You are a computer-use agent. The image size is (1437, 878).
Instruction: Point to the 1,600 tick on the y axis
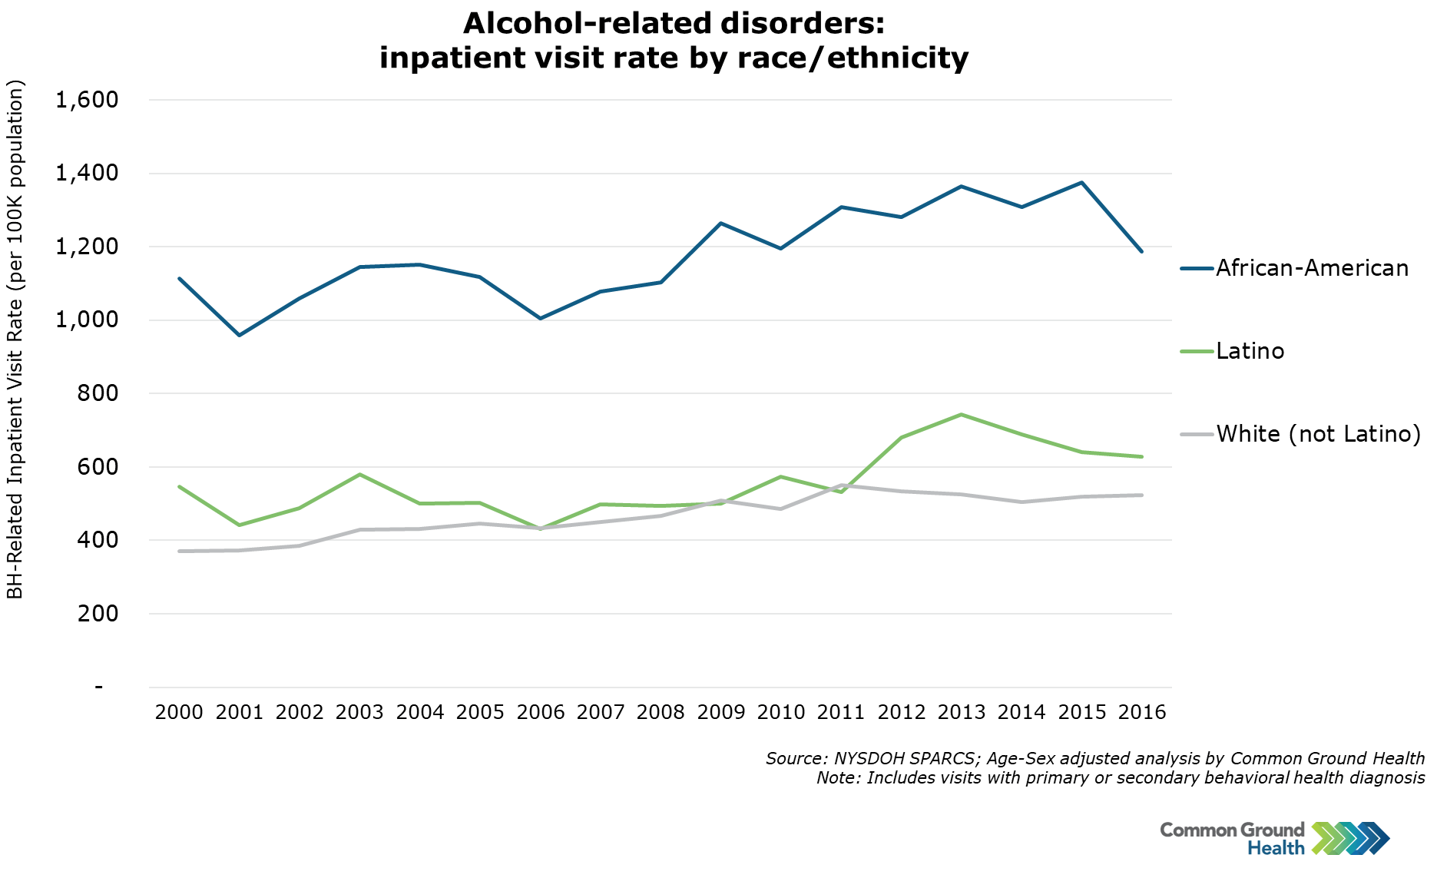[87, 100]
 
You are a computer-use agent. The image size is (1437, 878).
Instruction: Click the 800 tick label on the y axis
[98, 393]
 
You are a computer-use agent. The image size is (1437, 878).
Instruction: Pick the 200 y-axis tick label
[98, 614]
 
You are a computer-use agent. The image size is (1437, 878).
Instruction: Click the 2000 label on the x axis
[179, 712]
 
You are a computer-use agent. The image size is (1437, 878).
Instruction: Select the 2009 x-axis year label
[721, 712]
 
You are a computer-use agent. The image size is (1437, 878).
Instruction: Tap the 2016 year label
[1142, 712]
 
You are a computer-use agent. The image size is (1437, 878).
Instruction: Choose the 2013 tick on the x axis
[962, 712]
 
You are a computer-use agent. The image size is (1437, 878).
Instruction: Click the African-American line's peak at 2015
[1082, 183]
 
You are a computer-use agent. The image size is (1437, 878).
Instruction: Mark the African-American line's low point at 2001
[240, 335]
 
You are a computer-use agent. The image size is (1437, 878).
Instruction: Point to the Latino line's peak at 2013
[962, 415]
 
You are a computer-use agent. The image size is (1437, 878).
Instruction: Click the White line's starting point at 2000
[180, 551]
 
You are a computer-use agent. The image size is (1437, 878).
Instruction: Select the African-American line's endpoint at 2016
[1142, 251]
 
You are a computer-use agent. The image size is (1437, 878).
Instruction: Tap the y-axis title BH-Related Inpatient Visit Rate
[15, 339]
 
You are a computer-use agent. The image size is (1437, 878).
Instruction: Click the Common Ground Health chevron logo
[1350, 838]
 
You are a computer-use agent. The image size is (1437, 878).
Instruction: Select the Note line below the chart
[1120, 778]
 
